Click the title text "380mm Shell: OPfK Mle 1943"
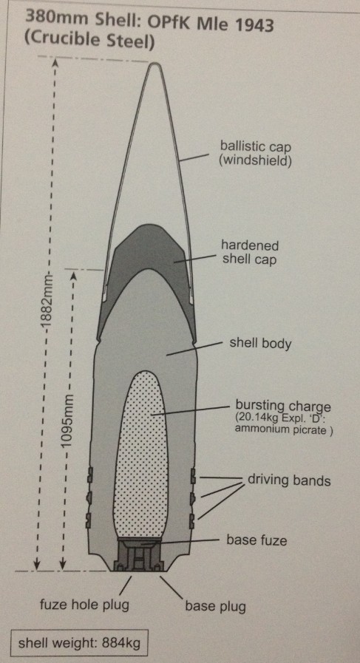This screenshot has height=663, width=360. click(x=149, y=21)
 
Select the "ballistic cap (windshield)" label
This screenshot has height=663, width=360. click(x=255, y=154)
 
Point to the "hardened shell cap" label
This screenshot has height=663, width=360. click(x=250, y=252)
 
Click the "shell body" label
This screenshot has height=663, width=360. click(x=260, y=343)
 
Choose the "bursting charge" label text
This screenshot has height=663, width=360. click(x=283, y=407)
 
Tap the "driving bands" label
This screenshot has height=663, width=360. click(x=289, y=480)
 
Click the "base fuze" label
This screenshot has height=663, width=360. click(x=257, y=540)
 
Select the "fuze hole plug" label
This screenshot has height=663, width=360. click(x=84, y=605)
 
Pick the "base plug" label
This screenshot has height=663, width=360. click(x=215, y=607)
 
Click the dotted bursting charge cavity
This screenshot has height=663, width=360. click(x=141, y=455)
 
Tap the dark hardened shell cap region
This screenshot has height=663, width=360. click(x=146, y=250)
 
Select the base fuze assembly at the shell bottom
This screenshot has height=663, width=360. click(x=139, y=554)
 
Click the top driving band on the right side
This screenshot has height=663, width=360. click(x=192, y=476)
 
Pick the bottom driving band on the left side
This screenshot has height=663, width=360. click(x=89, y=520)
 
